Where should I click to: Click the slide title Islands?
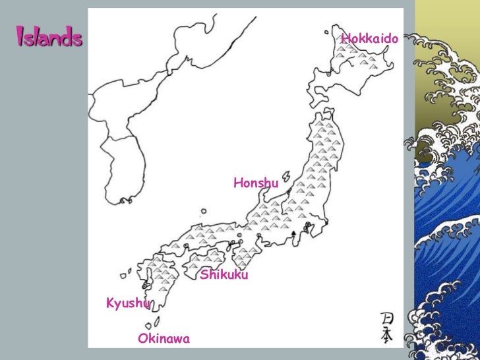[x=49, y=38]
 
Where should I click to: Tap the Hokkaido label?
[x=369, y=40]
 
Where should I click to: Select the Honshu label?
[x=256, y=183]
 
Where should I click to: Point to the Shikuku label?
[x=224, y=274]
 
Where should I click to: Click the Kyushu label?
[x=128, y=303]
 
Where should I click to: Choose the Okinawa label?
[x=164, y=339]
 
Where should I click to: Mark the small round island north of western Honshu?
[x=204, y=212]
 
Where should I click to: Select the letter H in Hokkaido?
[x=345, y=40]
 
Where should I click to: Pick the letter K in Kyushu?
[x=110, y=303]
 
